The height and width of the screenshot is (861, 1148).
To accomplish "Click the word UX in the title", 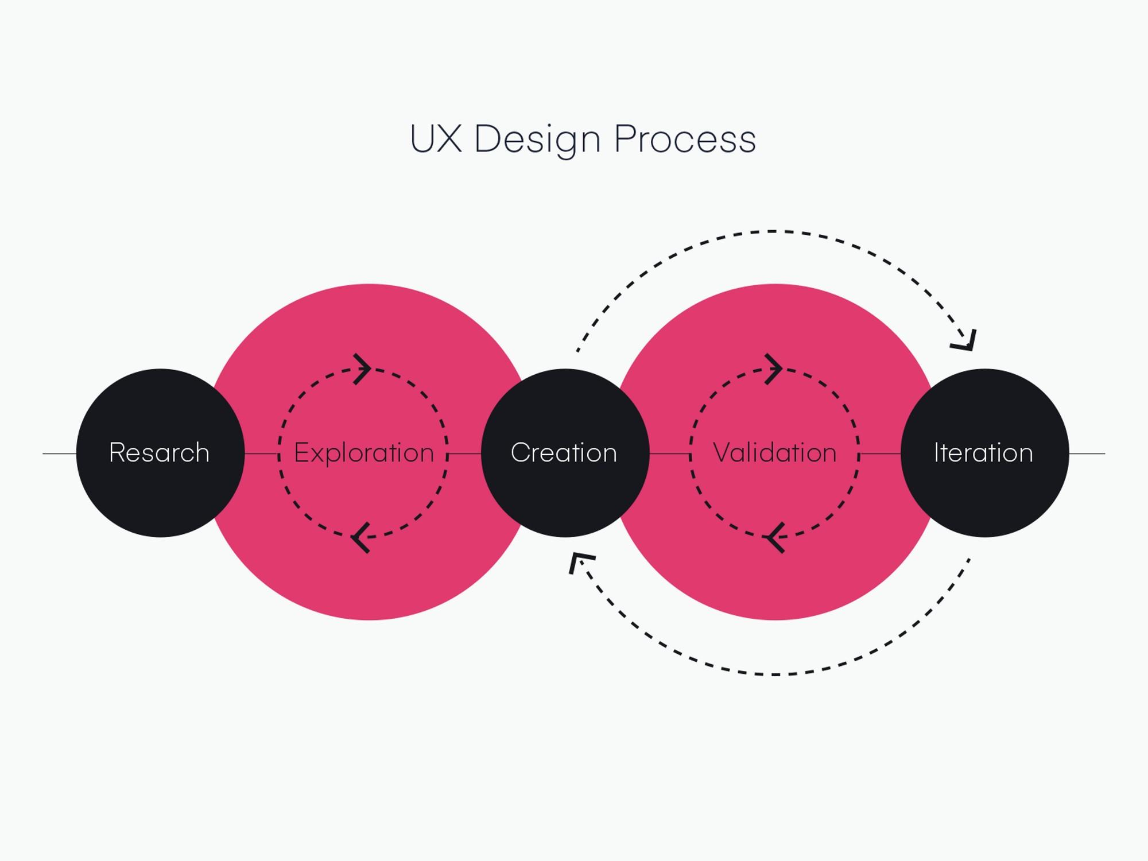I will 436,139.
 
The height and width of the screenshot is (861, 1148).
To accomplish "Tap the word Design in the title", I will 537,139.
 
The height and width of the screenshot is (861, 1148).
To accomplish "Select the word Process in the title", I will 685,139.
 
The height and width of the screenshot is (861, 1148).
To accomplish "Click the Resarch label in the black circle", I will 159,452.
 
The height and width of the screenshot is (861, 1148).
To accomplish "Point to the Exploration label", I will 364,453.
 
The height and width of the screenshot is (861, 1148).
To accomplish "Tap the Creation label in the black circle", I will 564,452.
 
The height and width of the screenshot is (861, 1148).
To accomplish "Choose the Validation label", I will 774,452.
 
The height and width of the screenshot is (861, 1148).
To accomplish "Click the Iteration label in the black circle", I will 983,452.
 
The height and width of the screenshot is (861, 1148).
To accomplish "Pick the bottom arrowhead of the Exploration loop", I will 360,537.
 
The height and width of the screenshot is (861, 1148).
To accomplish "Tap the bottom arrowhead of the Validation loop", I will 775,537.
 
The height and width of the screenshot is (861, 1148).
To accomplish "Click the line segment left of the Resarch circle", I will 59,453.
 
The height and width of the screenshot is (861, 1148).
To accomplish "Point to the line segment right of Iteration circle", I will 1087,453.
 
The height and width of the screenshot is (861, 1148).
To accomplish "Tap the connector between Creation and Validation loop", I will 669,453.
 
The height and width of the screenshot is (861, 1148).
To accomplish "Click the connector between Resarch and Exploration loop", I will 262,453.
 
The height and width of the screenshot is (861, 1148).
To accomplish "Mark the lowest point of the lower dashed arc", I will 775,674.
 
